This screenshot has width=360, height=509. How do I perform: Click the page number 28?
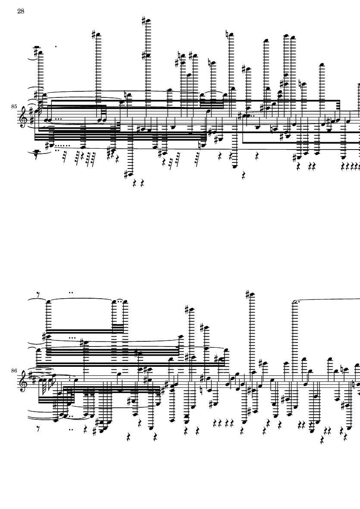tap(21, 11)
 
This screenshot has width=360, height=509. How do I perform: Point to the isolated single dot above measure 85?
tap(56, 46)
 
